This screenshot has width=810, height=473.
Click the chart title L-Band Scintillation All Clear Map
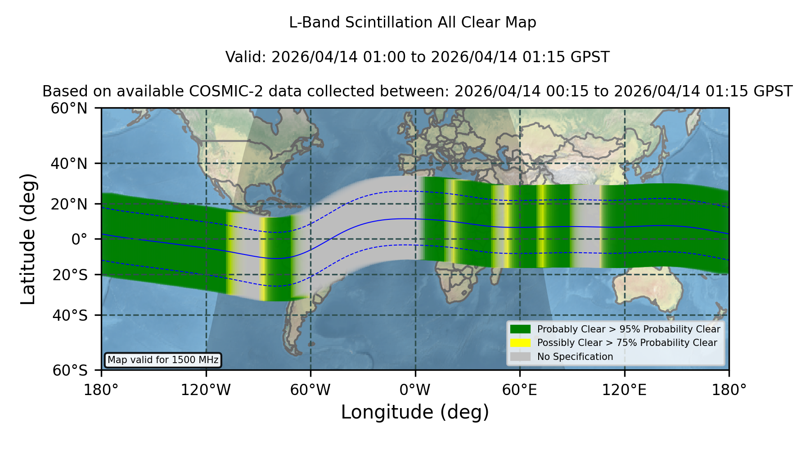click(412, 23)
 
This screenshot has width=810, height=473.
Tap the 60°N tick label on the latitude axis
click(69, 108)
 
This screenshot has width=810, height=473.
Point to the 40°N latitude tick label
click(69, 164)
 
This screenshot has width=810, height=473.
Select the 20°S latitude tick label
click(70, 274)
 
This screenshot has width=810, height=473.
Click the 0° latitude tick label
click(79, 239)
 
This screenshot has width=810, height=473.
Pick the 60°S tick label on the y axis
click(70, 370)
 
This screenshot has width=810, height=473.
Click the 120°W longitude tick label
click(206, 390)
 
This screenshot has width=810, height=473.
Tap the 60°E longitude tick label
click(520, 390)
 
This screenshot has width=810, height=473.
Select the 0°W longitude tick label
click(415, 390)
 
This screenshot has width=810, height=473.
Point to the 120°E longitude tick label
click(624, 390)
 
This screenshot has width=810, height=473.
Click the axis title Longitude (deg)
click(415, 412)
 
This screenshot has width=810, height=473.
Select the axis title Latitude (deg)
click(28, 239)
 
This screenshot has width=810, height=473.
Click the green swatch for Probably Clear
click(521, 329)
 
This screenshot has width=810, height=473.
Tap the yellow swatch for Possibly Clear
click(521, 343)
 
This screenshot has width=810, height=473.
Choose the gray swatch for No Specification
click(521, 357)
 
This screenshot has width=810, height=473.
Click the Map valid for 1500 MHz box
click(163, 360)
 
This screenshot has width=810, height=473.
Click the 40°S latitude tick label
click(70, 315)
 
